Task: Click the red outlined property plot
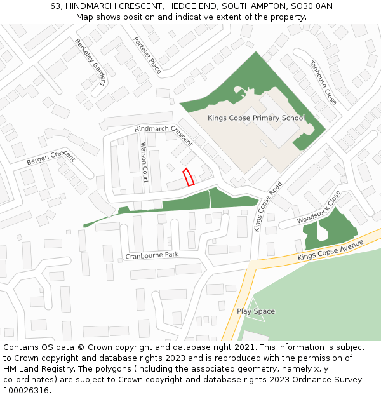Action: [x=188, y=177]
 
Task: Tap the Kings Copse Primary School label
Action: [x=257, y=118]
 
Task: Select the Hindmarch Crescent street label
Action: [x=164, y=135]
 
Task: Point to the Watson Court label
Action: [x=144, y=162]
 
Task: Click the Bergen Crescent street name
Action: [x=51, y=158]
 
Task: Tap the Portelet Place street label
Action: [x=147, y=55]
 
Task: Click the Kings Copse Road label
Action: [x=267, y=206]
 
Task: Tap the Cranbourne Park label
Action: [x=152, y=255]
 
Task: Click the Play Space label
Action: [x=256, y=311]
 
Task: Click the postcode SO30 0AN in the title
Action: [x=314, y=6]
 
